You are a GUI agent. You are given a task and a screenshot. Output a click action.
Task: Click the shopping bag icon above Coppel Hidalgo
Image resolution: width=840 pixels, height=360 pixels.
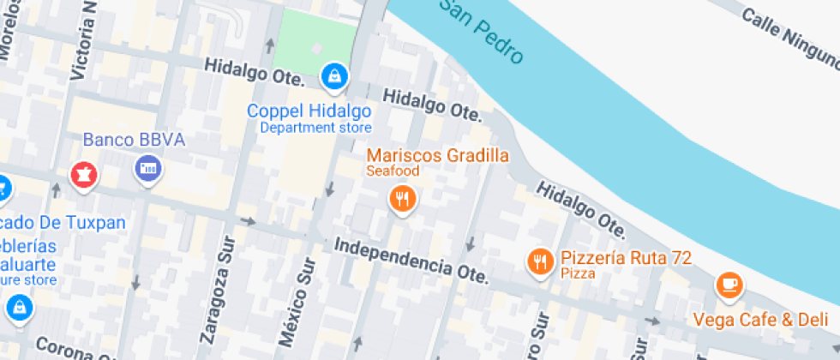coord(333,77)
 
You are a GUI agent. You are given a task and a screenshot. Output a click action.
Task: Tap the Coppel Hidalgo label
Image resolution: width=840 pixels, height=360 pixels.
coord(309,111)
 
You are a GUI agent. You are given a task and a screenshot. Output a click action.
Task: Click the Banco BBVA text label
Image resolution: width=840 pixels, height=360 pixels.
coord(134,140)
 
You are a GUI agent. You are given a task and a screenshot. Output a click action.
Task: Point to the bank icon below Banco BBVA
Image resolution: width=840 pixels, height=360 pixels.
coord(148,168)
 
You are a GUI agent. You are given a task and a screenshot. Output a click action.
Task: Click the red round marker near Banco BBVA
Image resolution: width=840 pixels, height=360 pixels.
coord(85,176)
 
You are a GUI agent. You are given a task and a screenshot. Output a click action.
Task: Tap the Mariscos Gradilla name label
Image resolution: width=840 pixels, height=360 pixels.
coord(438,155)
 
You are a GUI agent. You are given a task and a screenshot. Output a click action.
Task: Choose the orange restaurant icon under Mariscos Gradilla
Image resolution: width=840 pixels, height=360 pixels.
coord(402,201)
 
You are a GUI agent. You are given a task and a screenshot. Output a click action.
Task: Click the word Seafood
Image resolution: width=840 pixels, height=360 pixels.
coord(393,171)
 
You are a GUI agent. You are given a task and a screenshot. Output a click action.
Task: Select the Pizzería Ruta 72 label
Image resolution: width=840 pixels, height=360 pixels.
coord(626,257)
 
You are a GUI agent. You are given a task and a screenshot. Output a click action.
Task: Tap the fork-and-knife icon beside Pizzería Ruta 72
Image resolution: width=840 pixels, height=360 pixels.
coord(539,261)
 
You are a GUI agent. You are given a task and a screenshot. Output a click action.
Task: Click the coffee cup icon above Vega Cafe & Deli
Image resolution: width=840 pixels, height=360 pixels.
coord(729,285)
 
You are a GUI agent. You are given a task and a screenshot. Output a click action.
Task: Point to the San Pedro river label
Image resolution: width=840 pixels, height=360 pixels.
coord(483,32)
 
